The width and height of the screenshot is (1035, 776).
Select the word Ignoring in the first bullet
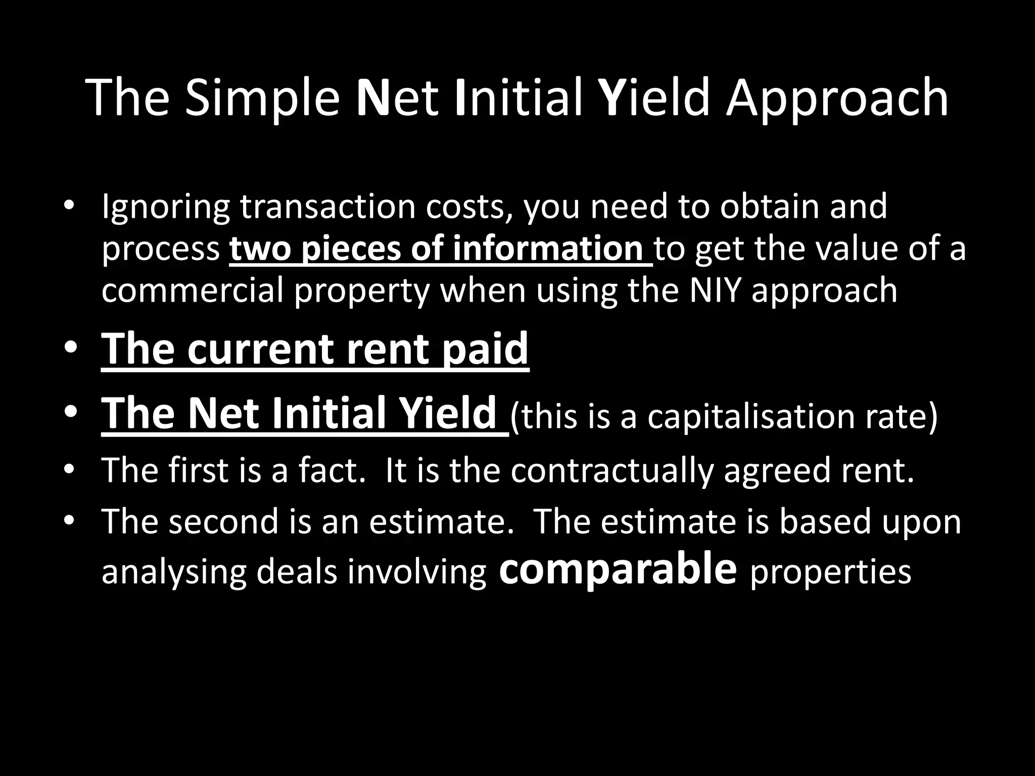[x=165, y=208]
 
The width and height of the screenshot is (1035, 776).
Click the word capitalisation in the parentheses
[x=745, y=417]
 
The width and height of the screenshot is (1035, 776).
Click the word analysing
[x=174, y=573]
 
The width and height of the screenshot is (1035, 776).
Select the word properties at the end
[x=831, y=573]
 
